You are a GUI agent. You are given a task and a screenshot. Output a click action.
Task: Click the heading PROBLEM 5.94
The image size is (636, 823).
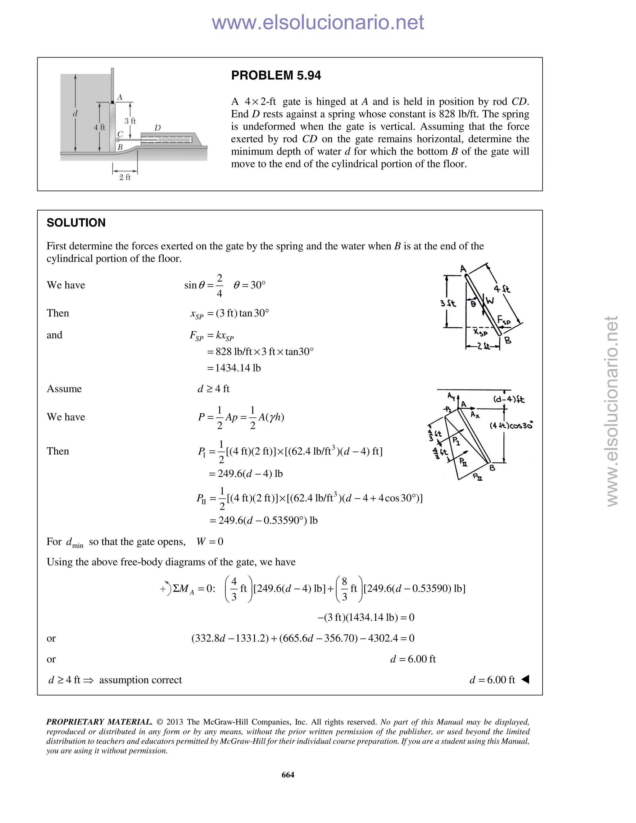click(x=276, y=75)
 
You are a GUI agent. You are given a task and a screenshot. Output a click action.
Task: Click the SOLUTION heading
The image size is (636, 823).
click(x=76, y=223)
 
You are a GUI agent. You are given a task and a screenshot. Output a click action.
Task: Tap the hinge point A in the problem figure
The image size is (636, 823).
click(x=113, y=102)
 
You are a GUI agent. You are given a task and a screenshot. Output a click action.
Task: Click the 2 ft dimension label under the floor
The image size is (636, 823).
click(x=125, y=177)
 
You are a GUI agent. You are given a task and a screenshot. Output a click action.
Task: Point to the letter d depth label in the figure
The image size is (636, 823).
click(x=75, y=113)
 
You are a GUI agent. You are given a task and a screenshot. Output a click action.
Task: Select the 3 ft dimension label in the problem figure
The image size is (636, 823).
click(x=130, y=121)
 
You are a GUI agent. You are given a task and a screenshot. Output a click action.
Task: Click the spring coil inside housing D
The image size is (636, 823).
click(x=173, y=140)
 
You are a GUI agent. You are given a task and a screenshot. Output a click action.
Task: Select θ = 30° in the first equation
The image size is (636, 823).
click(x=249, y=285)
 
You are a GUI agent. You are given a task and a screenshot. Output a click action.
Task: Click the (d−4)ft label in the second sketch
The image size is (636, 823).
click(x=509, y=399)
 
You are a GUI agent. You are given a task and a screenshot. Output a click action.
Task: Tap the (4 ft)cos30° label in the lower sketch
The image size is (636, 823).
click(x=511, y=425)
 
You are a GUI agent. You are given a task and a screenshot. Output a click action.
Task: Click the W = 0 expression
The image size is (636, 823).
click(x=210, y=542)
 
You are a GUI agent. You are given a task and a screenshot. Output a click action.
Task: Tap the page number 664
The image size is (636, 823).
click(x=288, y=774)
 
